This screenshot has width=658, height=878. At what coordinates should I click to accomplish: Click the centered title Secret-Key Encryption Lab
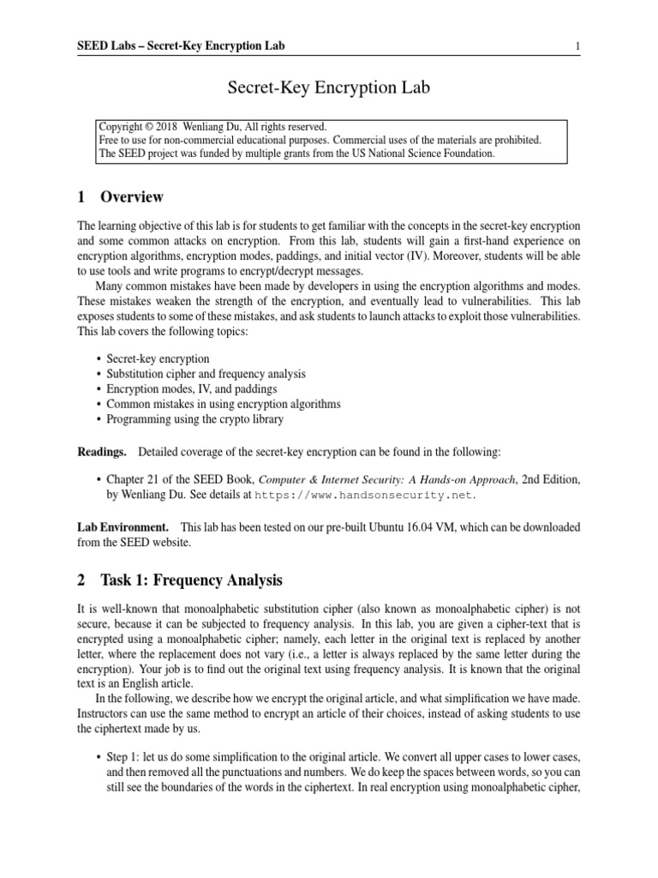coord(328,87)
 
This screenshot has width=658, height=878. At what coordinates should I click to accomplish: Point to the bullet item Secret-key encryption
coord(158,358)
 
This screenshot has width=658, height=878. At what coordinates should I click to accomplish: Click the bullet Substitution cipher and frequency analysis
coord(206,374)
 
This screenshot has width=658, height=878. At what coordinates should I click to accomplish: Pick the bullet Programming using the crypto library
coord(194,419)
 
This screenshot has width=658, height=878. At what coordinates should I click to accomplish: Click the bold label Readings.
coord(102,451)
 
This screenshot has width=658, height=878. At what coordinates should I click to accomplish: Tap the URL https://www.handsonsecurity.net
coord(360,496)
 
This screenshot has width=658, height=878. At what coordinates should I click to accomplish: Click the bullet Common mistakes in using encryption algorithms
coord(224,404)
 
